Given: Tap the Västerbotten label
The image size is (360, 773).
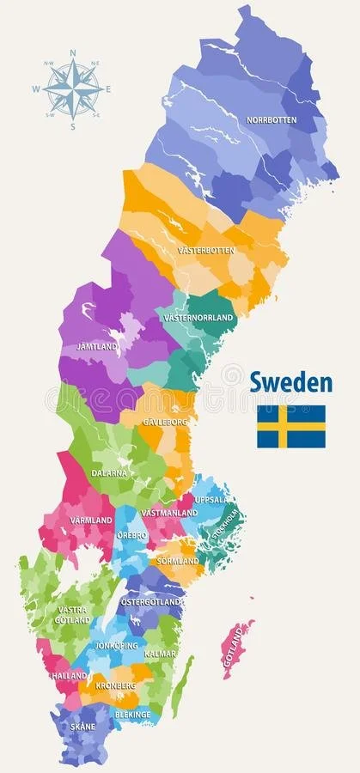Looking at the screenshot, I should tap(205, 250).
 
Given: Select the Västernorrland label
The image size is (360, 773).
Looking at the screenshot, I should tap(198, 318).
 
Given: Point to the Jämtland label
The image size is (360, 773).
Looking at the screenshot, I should tap(97, 346).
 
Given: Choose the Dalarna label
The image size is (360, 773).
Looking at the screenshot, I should tap(109, 472).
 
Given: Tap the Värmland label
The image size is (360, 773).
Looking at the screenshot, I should tap(91, 520).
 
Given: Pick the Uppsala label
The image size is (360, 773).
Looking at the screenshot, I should tap(211, 499).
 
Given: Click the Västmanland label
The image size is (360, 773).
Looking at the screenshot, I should tap(169, 513).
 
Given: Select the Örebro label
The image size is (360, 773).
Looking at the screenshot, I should tap(131, 535).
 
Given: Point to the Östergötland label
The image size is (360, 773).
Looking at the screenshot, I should tap(151, 602).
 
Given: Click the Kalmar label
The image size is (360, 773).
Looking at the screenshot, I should tap(161, 654).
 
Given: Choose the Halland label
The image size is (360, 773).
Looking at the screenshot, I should tap(70, 676).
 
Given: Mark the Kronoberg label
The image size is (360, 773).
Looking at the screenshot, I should tap(116, 686).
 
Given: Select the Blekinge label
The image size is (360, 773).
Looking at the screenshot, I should tap(133, 714).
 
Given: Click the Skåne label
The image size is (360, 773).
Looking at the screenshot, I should tap(83, 727).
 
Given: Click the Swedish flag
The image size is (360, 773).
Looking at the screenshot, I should tap(291, 426).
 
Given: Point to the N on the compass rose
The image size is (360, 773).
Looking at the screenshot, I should tap(73, 52).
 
